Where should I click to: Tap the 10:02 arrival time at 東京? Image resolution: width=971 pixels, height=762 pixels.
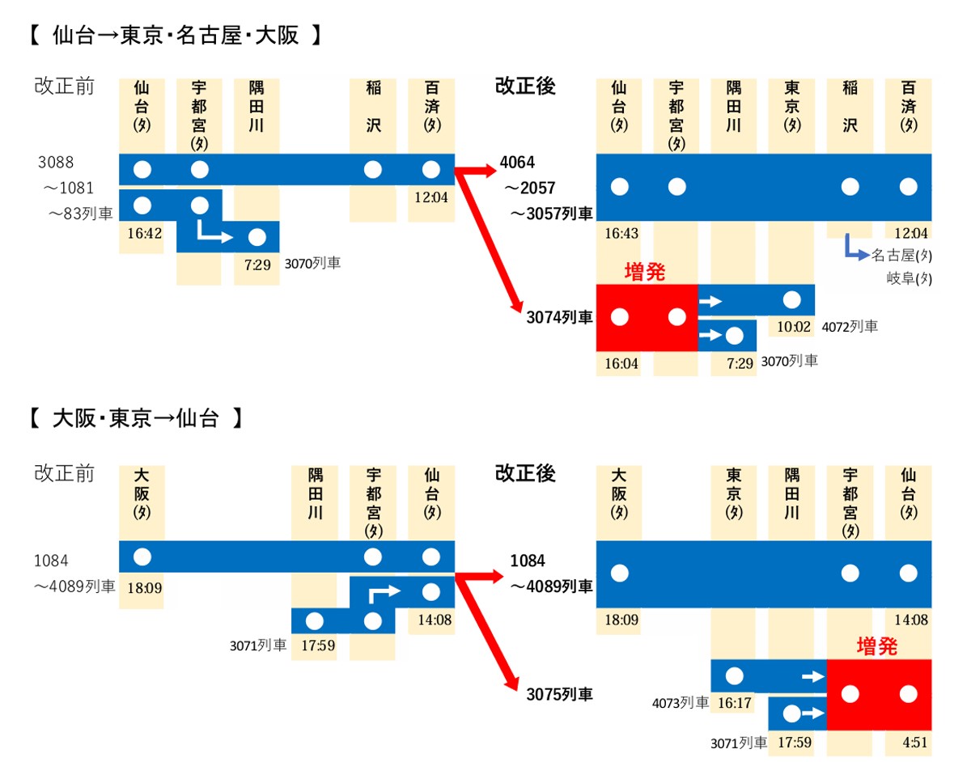tap(792, 326)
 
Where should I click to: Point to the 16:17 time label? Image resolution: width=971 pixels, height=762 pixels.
tap(734, 704)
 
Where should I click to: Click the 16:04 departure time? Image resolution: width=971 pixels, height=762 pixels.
tap(621, 363)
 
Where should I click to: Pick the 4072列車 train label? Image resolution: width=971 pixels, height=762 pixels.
tap(850, 327)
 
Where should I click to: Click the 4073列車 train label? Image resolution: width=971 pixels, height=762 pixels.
tap(681, 704)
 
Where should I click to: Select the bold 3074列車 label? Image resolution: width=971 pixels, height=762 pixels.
tap(559, 318)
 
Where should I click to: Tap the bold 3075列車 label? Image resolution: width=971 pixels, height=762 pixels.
tap(559, 694)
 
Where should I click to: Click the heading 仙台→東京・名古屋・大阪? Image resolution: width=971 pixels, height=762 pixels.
tap(175, 36)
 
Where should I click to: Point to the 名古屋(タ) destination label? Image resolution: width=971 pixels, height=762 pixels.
tap(901, 256)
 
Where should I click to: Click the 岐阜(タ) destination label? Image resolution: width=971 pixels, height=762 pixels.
tap(909, 279)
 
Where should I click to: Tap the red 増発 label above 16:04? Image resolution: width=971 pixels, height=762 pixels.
tap(645, 273)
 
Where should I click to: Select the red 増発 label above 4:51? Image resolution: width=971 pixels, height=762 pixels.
tap(877, 647)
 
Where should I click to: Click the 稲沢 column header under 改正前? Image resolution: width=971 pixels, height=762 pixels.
tap(373, 107)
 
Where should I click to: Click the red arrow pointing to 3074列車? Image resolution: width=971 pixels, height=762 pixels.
tap(494, 243)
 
